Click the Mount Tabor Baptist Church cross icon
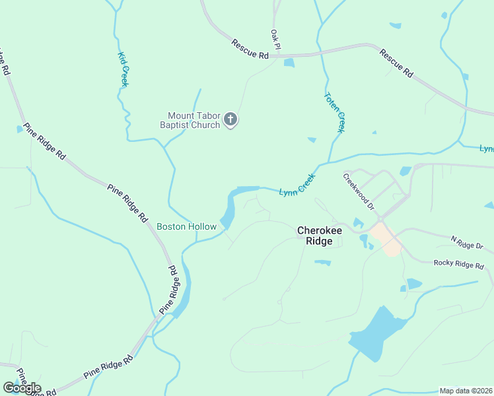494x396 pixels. [x=230, y=119]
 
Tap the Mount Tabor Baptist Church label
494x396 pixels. [x=190, y=119]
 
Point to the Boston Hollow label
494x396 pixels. [x=186, y=227]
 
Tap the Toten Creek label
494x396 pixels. [x=334, y=112]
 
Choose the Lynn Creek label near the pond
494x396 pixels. [x=297, y=185]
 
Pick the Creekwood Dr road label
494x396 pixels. [x=359, y=191]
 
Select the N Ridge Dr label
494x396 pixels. [x=467, y=242]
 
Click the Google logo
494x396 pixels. [x=21, y=388]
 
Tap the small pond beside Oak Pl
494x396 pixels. [x=289, y=63]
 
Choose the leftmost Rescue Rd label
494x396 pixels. [x=250, y=49]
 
